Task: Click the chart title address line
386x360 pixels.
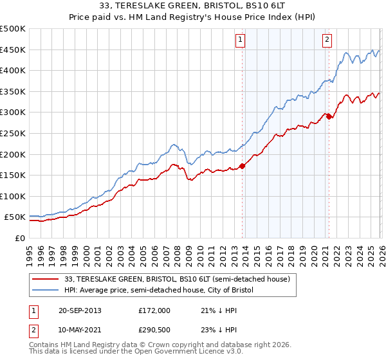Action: pos(193,6)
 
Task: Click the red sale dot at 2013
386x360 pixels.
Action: pos(243,166)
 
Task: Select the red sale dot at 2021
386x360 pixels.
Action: pos(329,116)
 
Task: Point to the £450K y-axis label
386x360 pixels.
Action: pos(13,50)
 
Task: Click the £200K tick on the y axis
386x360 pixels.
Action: pos(13,154)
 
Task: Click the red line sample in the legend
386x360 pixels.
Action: pos(46,280)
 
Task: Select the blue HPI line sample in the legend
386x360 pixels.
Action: pos(46,291)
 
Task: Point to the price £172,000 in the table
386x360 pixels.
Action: pos(154,310)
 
